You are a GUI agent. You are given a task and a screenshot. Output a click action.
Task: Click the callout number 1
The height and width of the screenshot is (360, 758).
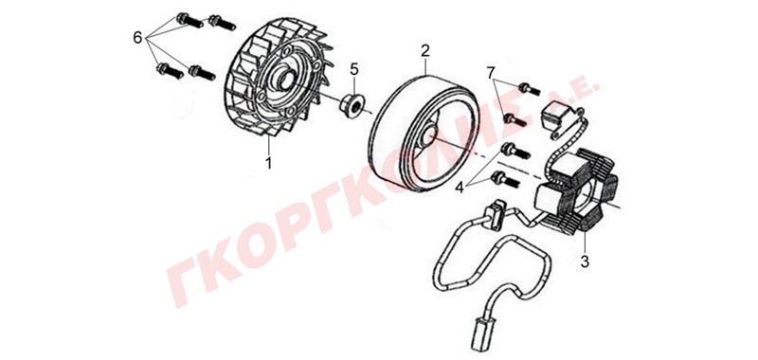(268, 162)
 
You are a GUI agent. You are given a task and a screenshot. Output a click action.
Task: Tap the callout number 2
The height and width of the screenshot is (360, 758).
(424, 50)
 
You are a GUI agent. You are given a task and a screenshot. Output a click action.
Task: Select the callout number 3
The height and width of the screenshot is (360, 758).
(585, 261)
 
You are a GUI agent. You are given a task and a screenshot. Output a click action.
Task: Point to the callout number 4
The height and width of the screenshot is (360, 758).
(460, 187)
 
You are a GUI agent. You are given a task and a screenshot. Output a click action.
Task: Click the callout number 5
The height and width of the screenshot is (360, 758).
(354, 69)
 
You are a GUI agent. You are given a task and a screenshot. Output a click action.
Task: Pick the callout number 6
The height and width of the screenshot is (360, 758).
(137, 37)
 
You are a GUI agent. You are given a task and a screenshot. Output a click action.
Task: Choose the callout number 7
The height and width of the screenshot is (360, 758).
(491, 73)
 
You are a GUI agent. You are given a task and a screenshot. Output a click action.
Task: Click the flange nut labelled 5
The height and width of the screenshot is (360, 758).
(352, 105)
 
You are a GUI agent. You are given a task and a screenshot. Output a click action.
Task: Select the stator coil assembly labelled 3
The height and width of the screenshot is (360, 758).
(575, 190)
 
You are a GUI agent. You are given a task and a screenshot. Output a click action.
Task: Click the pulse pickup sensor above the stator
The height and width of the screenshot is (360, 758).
(556, 117)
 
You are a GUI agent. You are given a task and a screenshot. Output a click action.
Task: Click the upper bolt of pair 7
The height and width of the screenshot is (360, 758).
(529, 89)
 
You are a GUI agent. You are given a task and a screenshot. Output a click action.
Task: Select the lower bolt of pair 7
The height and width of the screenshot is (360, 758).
(514, 119)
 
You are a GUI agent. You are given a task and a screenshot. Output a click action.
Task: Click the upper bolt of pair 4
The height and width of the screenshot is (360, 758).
(516, 151)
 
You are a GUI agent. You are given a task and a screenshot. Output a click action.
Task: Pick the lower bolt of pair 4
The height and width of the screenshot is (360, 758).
(505, 180)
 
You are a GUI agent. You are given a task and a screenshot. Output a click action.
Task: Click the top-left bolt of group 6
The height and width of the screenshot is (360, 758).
(189, 20)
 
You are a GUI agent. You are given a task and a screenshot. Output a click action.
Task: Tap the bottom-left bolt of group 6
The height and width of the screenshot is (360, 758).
(170, 71)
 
